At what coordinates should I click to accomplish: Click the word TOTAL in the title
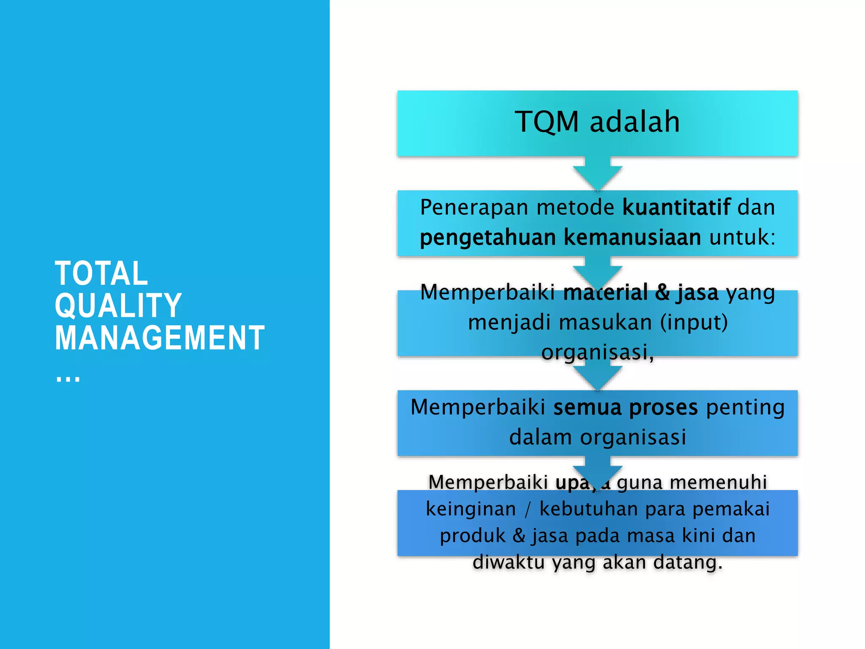point(101,273)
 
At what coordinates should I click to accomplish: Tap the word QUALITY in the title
point(118,305)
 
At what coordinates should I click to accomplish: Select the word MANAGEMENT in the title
point(160,338)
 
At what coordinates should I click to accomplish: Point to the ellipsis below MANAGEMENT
point(68,377)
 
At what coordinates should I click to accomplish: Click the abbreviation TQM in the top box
point(547,122)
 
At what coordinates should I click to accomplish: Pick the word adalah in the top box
point(634,122)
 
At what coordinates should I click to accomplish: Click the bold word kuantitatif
point(676,207)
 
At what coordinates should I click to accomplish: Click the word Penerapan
point(474,207)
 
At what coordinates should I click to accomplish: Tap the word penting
point(745,407)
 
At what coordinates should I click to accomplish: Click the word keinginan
point(471,509)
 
